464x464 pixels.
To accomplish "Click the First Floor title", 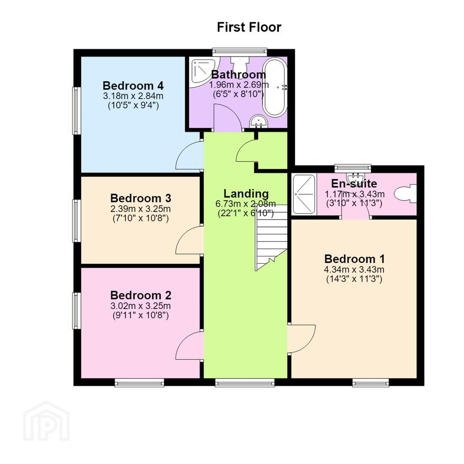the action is point(249,27).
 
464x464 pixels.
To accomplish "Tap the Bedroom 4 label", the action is point(133,86).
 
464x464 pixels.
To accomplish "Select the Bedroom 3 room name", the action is point(140,198).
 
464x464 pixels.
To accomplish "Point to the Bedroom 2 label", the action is point(140,295).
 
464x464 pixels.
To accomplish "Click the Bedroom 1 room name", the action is point(354,259).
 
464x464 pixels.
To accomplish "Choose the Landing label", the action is point(246,193).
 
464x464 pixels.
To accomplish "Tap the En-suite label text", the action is point(354,183).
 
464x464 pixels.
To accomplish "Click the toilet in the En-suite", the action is point(406,194).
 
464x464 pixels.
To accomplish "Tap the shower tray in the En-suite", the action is point(304,195).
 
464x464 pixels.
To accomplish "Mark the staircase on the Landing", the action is point(272,237).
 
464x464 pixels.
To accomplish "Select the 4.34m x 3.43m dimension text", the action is point(354,269).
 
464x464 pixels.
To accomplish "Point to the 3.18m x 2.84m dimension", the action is point(133,96).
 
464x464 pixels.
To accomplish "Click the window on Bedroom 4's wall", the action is point(76,111).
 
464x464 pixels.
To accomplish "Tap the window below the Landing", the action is point(245,383).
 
